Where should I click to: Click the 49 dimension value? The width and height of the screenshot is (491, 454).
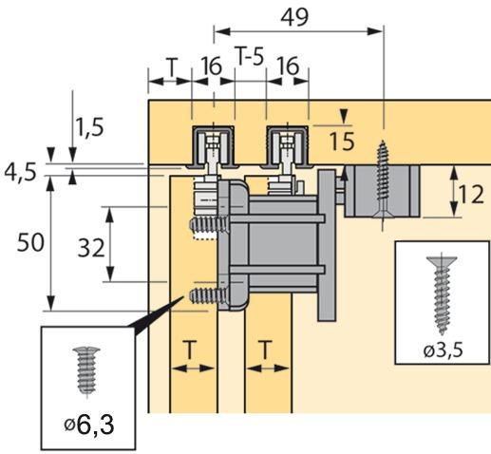click(x=299, y=16)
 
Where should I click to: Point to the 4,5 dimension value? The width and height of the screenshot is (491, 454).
click(x=20, y=172)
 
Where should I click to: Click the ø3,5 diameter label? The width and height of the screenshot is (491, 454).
click(x=442, y=350)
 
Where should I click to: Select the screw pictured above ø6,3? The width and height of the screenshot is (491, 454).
click(x=84, y=370)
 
